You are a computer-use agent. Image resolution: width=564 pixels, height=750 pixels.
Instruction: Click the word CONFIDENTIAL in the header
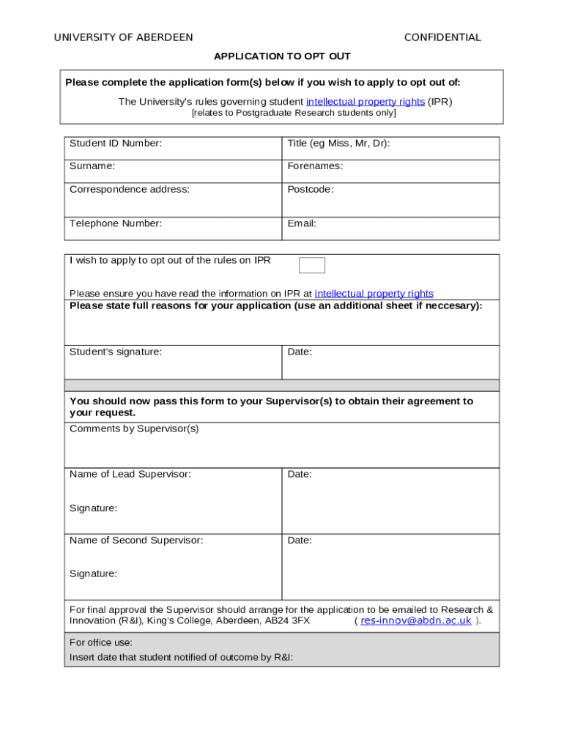pos(442,37)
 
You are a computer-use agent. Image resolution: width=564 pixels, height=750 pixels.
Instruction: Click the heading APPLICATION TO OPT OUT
pos(282,56)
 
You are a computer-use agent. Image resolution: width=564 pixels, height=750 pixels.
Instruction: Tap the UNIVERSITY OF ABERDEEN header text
pos(124,37)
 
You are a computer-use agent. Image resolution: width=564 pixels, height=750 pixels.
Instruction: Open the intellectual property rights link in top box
pos(365,102)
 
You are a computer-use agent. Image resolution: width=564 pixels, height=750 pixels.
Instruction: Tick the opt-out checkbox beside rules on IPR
pos(312,265)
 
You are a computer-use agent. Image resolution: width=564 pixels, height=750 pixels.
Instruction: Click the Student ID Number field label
pos(116,144)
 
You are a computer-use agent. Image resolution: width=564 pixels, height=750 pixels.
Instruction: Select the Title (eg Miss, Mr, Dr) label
pos(338,144)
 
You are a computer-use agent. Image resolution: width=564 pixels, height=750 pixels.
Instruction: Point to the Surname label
pos(92,166)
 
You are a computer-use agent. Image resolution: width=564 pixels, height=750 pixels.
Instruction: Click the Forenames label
pos(315,166)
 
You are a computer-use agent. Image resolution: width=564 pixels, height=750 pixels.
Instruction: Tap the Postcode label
pos(311,190)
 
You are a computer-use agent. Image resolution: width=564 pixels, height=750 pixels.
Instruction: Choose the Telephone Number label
pos(116,223)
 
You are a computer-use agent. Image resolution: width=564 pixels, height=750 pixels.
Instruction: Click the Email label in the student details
pos(302,223)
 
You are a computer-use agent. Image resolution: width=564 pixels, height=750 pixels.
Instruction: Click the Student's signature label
pos(116,352)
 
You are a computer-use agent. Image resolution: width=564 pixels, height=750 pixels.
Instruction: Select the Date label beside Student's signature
pos(300,352)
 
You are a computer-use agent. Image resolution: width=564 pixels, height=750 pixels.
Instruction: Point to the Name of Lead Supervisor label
pos(130,475)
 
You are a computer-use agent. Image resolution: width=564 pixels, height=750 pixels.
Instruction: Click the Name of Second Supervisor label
pos(136,541)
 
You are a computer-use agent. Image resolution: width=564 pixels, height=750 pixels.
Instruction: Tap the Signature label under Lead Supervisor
pos(93,508)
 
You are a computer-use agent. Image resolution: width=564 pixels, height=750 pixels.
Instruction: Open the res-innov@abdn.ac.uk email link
pos(416,621)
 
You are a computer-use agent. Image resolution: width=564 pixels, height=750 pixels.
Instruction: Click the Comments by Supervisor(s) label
pos(134,429)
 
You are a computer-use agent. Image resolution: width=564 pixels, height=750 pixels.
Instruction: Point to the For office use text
pos(101,643)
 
